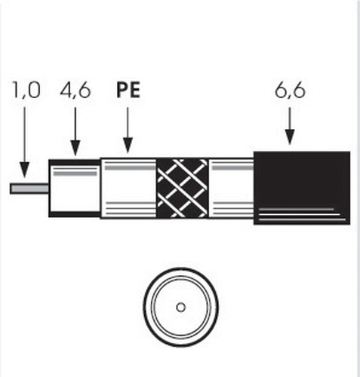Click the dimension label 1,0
click(26, 90)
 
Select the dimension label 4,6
click(75, 90)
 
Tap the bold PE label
click(128, 90)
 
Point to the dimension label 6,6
click(290, 90)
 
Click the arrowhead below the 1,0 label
click(24, 170)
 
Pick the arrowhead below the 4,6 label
click(75, 148)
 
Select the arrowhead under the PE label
click(128, 146)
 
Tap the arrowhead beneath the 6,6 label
click(290, 137)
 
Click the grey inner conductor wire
click(29, 188)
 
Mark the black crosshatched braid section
click(182, 188)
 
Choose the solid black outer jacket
click(302, 188)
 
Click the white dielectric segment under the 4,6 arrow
click(75, 188)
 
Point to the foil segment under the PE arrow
click(128, 188)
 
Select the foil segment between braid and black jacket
click(231, 188)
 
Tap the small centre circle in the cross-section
click(180, 308)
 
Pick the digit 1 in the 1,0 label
click(16, 90)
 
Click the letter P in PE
click(122, 90)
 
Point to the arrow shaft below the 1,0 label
click(24, 135)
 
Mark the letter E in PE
click(135, 90)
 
